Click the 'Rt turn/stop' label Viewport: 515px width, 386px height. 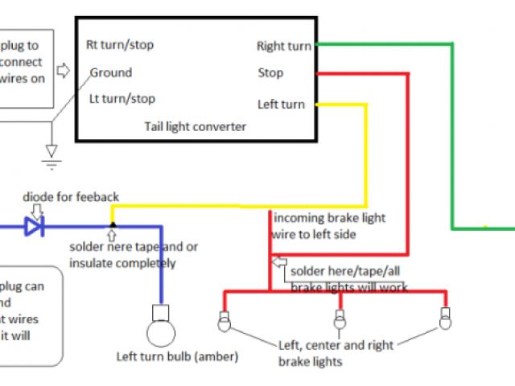point(121,46)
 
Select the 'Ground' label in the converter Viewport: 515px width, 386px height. point(111,73)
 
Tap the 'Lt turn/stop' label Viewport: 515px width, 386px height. point(122,100)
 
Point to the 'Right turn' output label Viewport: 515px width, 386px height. point(283,47)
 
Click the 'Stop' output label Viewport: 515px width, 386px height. point(270,73)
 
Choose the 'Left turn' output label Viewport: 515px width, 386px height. point(281,105)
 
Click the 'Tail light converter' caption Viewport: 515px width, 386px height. point(196,127)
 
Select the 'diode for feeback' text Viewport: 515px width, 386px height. point(70,196)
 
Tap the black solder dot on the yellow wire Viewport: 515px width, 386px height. point(112,225)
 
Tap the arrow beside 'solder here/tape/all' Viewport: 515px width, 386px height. point(279,263)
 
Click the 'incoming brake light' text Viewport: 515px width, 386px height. point(329,218)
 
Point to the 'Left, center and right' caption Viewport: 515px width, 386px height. point(336,346)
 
